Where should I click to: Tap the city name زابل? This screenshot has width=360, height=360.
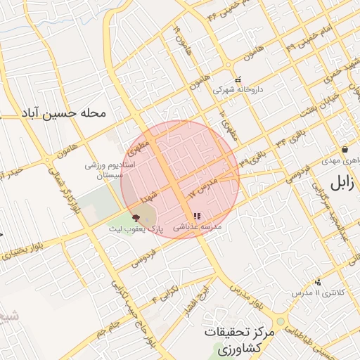[340, 185]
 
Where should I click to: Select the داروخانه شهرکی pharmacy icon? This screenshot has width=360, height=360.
[238, 79]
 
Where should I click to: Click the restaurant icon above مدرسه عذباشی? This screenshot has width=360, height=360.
[195, 216]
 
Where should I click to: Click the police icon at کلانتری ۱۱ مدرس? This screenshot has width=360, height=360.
[319, 281]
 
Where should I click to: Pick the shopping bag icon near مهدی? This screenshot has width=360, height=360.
[345, 150]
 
